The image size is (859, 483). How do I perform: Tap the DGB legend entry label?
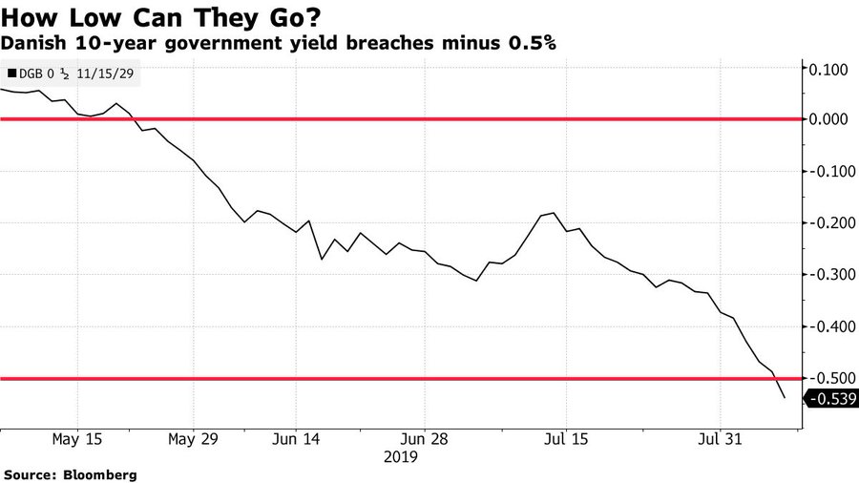point(72,73)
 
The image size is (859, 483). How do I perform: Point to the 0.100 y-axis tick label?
point(828,69)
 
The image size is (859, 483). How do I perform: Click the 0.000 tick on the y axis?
point(828,119)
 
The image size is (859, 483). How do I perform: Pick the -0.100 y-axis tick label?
point(827,172)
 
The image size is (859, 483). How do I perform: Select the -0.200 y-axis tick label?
point(827,223)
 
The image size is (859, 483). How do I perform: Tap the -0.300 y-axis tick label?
point(827,275)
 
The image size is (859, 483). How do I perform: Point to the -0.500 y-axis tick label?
point(827,379)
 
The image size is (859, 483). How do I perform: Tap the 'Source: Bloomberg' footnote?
point(71,474)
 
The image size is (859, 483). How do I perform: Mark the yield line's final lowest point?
point(785,398)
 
